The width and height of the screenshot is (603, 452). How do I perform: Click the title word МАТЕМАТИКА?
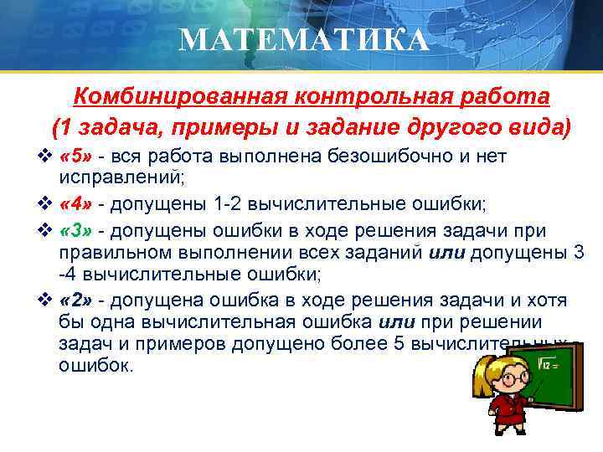[303, 39]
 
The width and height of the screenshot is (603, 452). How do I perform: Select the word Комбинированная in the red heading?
[177, 97]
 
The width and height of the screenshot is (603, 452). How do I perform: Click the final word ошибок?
[95, 365]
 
